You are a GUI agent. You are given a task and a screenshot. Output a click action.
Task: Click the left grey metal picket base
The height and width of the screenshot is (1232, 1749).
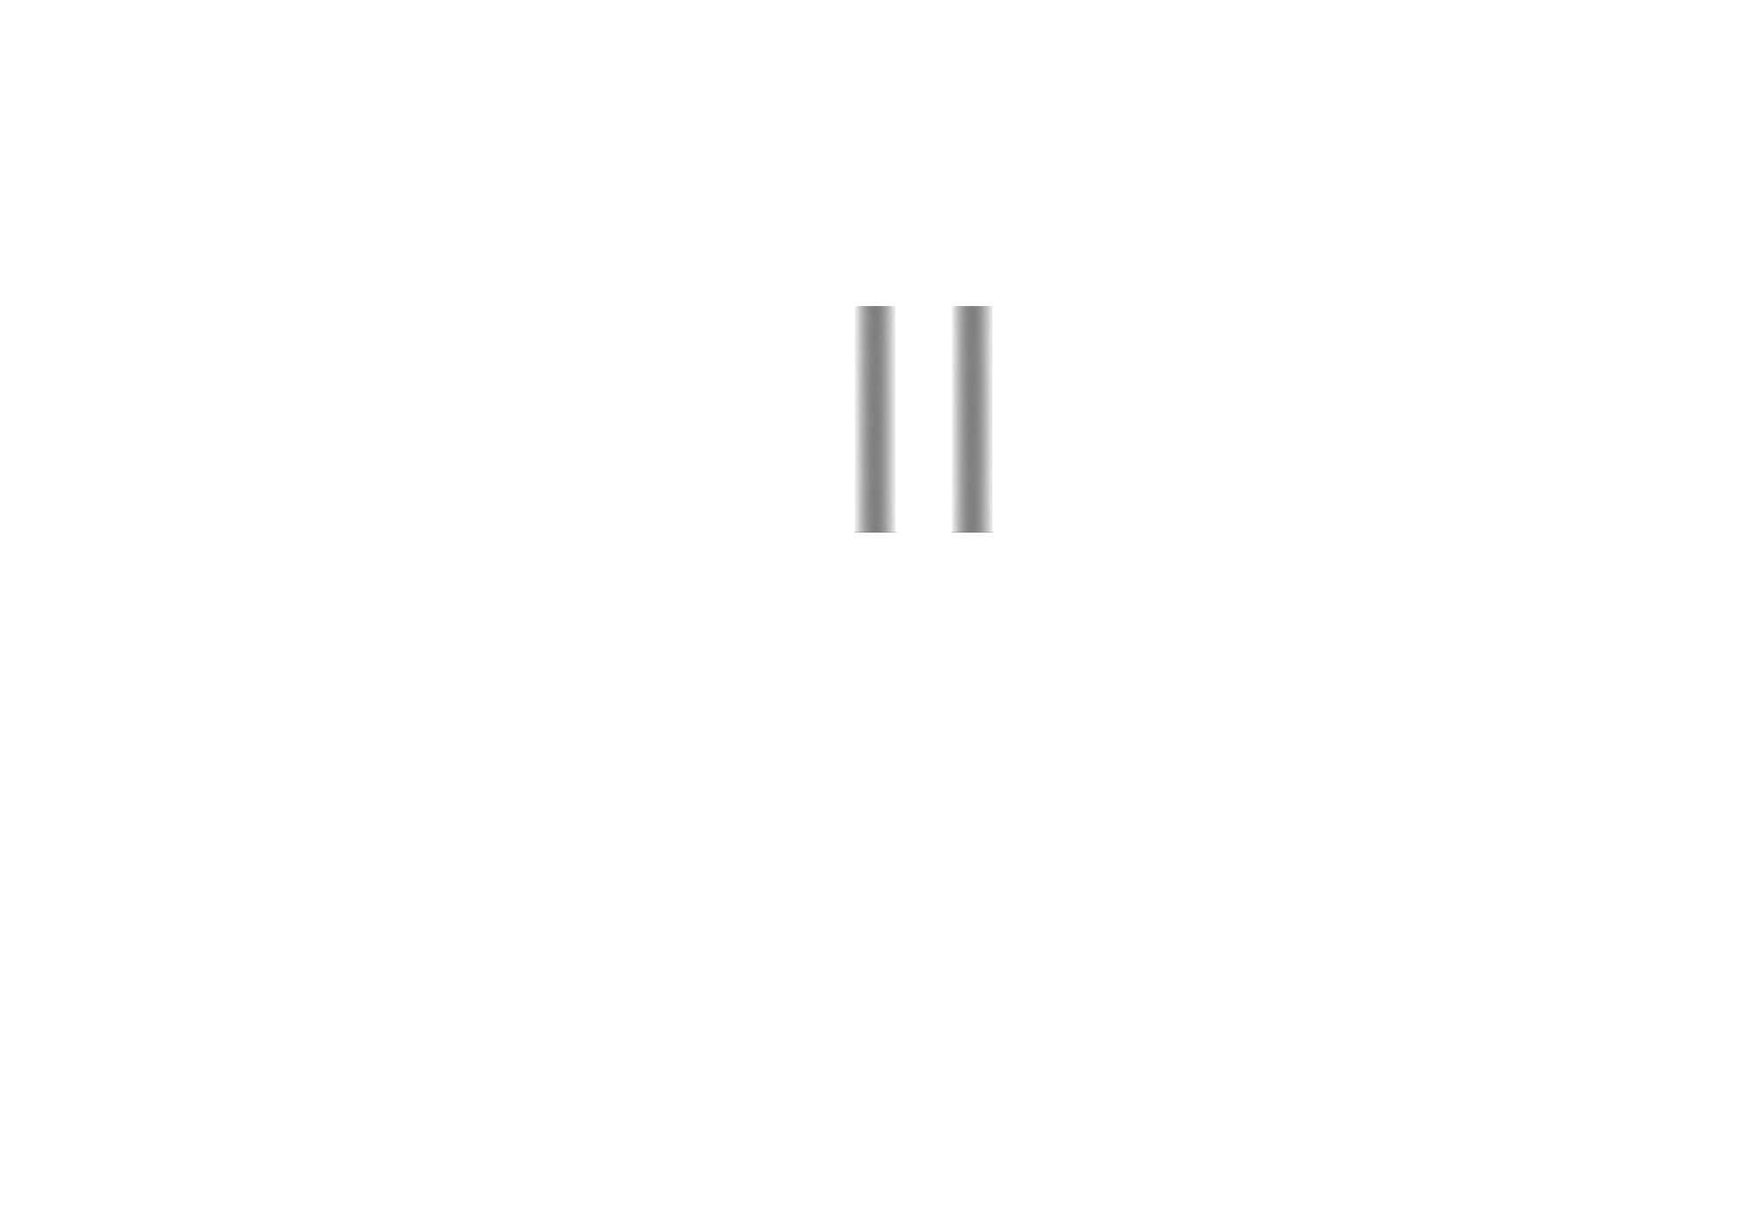(874, 418)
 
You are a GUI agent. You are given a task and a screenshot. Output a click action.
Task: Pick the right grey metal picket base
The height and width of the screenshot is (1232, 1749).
(972, 418)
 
